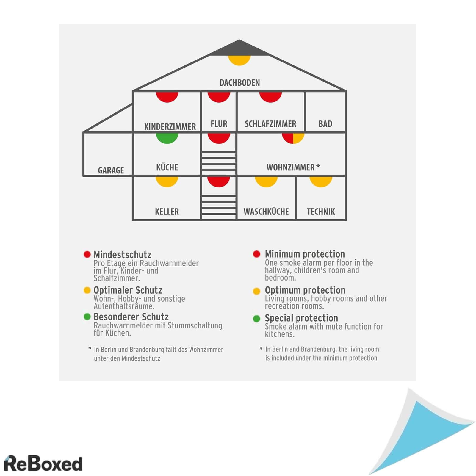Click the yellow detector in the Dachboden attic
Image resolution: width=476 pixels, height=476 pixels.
[x=239, y=59]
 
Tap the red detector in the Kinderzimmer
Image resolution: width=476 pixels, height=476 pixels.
[x=167, y=97]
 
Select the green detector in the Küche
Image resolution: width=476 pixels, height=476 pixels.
[x=167, y=138]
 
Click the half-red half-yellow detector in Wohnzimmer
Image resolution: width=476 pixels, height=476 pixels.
[x=293, y=138]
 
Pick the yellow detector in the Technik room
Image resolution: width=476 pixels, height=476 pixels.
[x=321, y=181]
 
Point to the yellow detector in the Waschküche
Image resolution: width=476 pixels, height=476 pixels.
[x=266, y=181]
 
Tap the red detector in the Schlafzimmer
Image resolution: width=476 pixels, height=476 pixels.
[x=270, y=97]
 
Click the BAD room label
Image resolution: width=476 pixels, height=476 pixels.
[x=325, y=124]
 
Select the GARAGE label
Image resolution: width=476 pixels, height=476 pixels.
[x=111, y=170]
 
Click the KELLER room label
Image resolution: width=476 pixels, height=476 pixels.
[x=167, y=212]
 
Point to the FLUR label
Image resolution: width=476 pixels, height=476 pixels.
[x=219, y=124]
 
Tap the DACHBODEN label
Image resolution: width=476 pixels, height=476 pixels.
[x=239, y=83]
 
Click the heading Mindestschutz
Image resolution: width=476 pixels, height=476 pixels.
[x=122, y=255]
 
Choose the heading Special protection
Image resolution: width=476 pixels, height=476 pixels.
[x=301, y=318]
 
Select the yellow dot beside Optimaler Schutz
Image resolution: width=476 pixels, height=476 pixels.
[x=87, y=290]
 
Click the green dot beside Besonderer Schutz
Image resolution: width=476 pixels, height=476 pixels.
[x=87, y=317]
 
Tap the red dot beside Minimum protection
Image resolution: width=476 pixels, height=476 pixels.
[x=256, y=254]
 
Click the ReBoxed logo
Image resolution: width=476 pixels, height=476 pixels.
[x=43, y=464]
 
